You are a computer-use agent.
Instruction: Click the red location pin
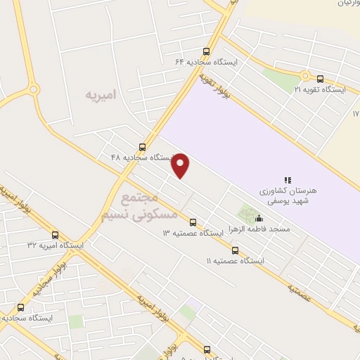tap(181, 165)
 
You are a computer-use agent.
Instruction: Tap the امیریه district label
tap(100, 94)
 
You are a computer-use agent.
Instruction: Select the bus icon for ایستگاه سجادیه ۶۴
tap(206, 51)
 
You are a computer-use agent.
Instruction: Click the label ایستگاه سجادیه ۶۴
tap(207, 61)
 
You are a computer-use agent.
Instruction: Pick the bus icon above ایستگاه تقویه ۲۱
tap(321, 79)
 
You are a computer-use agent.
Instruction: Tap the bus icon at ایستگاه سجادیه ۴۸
tap(143, 147)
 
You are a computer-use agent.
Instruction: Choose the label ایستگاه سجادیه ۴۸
tap(141, 157)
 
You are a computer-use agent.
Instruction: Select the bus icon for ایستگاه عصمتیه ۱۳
tap(193, 222)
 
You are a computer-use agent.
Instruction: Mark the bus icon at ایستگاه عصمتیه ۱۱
tap(235, 250)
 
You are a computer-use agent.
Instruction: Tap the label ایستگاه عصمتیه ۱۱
tap(235, 261)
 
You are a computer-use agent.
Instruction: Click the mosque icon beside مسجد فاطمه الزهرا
tap(259, 218)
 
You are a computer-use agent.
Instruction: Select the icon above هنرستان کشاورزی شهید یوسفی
tap(287, 181)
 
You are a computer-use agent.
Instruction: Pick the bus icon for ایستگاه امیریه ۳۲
tap(56, 235)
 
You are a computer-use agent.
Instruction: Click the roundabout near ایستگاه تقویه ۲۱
tap(305, 75)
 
